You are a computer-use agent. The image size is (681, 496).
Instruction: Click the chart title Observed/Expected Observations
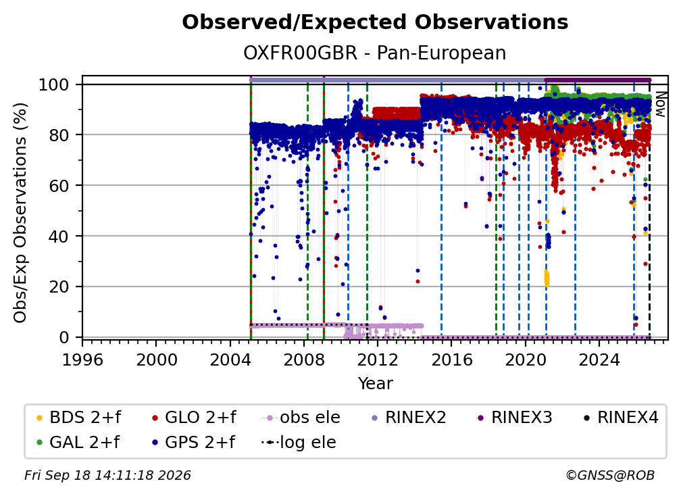pyautogui.click(x=375, y=22)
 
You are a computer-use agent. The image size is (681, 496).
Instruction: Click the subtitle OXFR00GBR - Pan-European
pyautogui.click(x=375, y=53)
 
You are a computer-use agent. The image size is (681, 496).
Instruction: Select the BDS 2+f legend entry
pyautogui.click(x=78, y=418)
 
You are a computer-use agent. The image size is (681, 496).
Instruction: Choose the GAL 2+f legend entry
pyautogui.click(x=78, y=442)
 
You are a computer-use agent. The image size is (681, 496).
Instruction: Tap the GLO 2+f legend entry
pyautogui.click(x=194, y=418)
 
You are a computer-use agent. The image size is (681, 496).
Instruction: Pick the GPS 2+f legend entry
pyautogui.click(x=193, y=442)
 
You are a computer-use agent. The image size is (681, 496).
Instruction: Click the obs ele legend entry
pyautogui.click(x=301, y=418)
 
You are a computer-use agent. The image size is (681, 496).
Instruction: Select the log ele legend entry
pyautogui.click(x=299, y=442)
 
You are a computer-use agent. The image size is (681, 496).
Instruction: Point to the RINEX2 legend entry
pyautogui.click(x=409, y=418)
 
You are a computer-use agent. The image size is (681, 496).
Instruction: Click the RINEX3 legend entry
pyautogui.click(x=515, y=418)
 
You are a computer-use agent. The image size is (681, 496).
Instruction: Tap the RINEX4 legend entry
pyautogui.click(x=621, y=418)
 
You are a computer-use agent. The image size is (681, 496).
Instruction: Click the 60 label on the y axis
pyautogui.click(x=59, y=186)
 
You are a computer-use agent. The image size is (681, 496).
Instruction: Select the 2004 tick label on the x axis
pyautogui.click(x=230, y=359)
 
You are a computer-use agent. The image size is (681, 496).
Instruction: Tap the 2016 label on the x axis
pyautogui.click(x=451, y=359)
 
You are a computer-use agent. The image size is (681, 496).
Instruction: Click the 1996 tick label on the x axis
pyautogui.click(x=82, y=359)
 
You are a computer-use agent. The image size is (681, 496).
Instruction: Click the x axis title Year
pyautogui.click(x=375, y=384)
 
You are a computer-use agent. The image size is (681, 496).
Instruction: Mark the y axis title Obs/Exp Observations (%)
pyautogui.click(x=20, y=213)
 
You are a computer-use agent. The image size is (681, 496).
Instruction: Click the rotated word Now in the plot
pyautogui.click(x=660, y=104)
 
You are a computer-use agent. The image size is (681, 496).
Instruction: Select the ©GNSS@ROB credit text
pyautogui.click(x=610, y=475)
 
